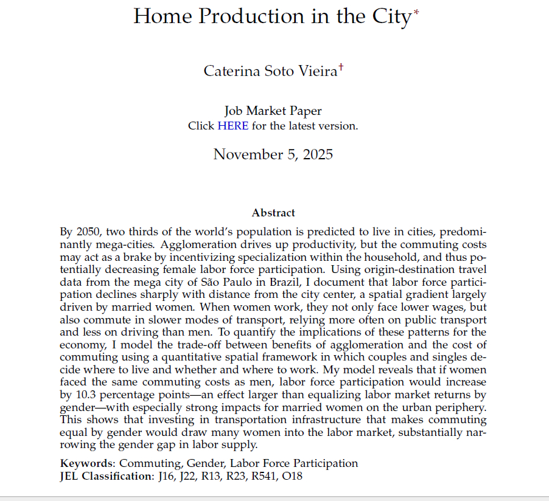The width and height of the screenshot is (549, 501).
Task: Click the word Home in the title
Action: tap(159, 16)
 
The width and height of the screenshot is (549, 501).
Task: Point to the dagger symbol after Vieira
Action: tap(341, 67)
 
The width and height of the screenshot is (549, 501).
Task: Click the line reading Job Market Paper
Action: tap(273, 111)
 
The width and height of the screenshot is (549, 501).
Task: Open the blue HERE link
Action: tap(233, 126)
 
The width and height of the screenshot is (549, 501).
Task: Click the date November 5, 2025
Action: tap(273, 154)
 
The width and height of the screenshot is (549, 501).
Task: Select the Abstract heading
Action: tap(273, 213)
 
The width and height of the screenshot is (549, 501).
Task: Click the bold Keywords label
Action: tap(85, 463)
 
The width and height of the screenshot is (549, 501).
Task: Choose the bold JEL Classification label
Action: tap(105, 476)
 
